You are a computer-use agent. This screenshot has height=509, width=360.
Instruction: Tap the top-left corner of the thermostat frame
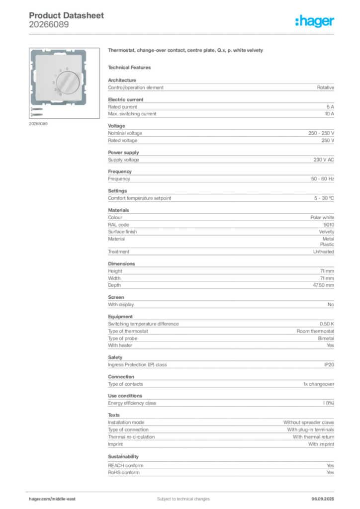pyautogui.click(x=30, y=50)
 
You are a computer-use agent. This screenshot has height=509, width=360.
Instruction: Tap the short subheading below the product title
pyautogui.click(x=131, y=67)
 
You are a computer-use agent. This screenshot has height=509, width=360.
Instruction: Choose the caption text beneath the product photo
pyautogui.click(x=39, y=124)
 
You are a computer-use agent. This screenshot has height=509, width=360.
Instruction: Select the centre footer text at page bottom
pyautogui.click(x=180, y=496)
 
